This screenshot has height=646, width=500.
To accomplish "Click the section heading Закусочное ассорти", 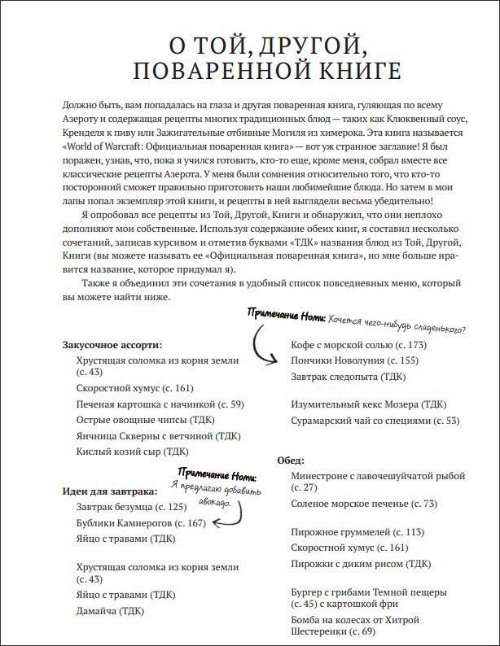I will coord(112,345).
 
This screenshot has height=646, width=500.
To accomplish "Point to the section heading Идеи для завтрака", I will coord(109,491).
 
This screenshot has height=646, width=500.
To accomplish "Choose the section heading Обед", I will coord(292,459).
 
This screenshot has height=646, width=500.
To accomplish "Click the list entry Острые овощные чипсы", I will coord(133,420).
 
